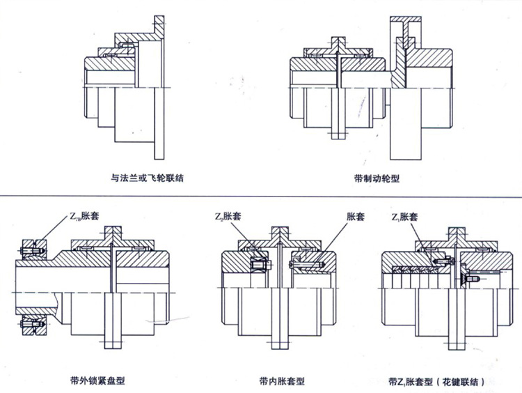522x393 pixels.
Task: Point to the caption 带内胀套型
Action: point(282,380)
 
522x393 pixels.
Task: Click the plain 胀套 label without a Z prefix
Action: point(356,217)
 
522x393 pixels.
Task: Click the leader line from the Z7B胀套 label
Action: point(55,231)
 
